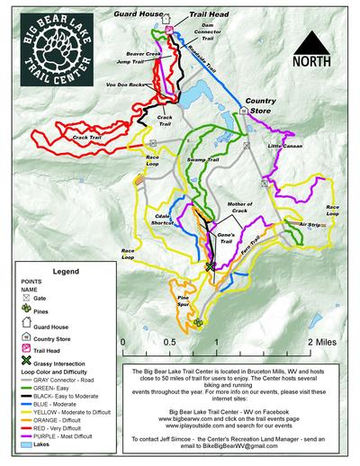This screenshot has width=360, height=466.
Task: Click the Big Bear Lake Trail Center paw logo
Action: pyautogui.click(x=53, y=44)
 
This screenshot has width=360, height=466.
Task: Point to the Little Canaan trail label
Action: pyautogui.click(x=285, y=145)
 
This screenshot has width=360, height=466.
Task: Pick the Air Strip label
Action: pyautogui.click(x=310, y=224)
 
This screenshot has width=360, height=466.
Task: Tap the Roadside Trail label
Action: pyautogui.click(x=206, y=67)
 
